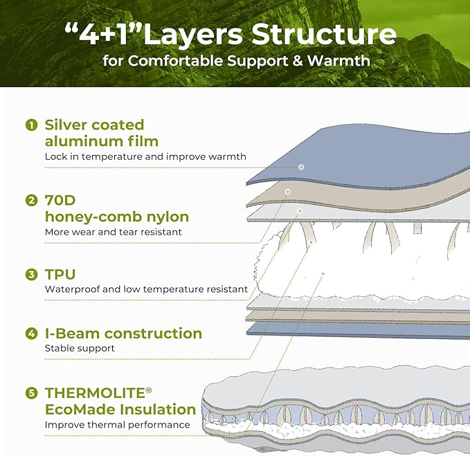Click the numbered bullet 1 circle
(x=31, y=125)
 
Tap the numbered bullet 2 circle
(x=31, y=200)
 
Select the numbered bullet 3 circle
(x=31, y=275)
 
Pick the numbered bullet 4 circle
(x=31, y=334)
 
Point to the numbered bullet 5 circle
(x=31, y=393)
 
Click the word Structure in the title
(x=324, y=34)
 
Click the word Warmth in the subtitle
(x=338, y=60)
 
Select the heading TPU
(x=60, y=275)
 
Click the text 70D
(x=60, y=200)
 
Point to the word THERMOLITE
(x=95, y=393)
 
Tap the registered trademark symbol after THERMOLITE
(x=149, y=390)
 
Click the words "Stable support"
(x=80, y=348)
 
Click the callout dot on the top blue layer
(x=301, y=167)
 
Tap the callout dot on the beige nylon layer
(x=288, y=192)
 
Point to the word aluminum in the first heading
(x=84, y=141)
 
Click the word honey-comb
(x=94, y=217)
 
